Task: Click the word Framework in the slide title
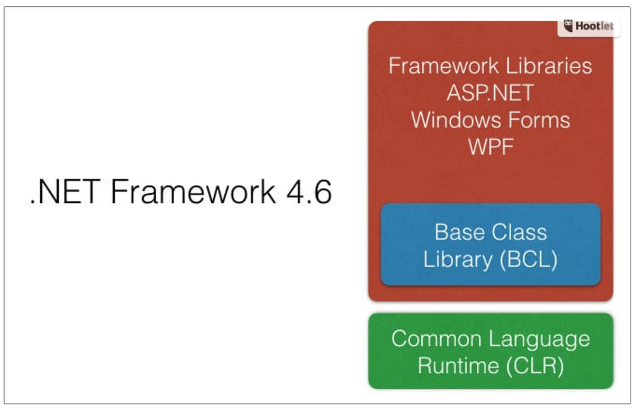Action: [x=193, y=192]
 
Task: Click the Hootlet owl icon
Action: [x=569, y=26]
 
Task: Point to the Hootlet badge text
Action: [x=594, y=26]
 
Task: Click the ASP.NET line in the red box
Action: [x=490, y=93]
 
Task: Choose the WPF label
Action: [x=491, y=147]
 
